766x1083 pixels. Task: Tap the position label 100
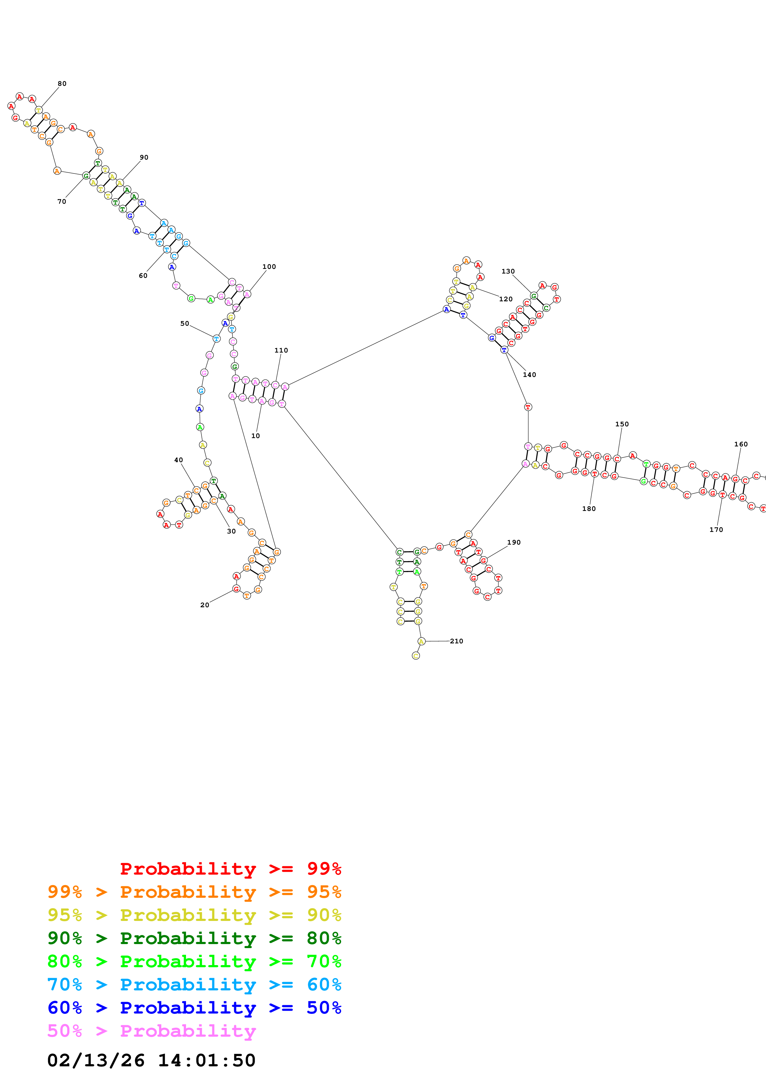pyautogui.click(x=269, y=266)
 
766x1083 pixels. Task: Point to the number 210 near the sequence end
pyautogui.click(x=456, y=641)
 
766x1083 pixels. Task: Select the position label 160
pyautogui.click(x=741, y=444)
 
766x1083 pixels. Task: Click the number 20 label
pyautogui.click(x=204, y=605)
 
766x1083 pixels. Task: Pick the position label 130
pyautogui.click(x=508, y=271)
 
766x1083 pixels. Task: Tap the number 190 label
pyautogui.click(x=514, y=542)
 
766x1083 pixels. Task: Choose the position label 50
pyautogui.click(x=184, y=324)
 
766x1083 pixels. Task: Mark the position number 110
pyautogui.click(x=281, y=350)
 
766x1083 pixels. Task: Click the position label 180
pyautogui.click(x=589, y=508)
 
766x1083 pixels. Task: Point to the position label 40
pyautogui.click(x=178, y=460)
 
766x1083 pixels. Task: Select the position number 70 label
pyautogui.click(x=62, y=201)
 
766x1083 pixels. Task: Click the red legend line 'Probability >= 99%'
pyautogui.click(x=230, y=869)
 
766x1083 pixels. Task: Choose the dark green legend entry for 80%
pyautogui.click(x=194, y=938)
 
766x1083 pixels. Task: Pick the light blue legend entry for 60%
pyautogui.click(x=194, y=985)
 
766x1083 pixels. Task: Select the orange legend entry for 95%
pyautogui.click(x=194, y=892)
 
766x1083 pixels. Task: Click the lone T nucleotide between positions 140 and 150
pyautogui.click(x=528, y=407)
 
